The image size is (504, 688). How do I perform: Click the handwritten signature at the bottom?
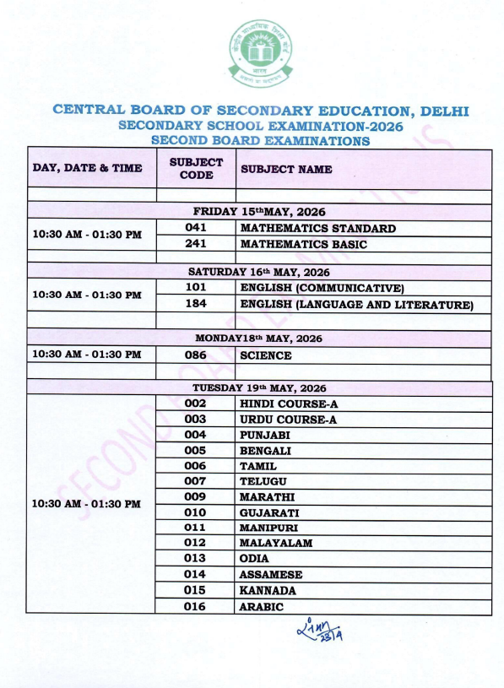pos(321,630)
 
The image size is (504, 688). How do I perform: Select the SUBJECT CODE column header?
pos(196,168)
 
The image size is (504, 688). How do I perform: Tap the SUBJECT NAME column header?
pos(286,169)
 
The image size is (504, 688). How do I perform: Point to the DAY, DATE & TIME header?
pos(87,168)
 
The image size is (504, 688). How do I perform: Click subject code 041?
pos(196,228)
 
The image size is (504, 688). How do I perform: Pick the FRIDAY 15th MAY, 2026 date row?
pos(259,211)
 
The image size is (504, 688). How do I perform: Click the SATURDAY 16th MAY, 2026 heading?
pos(259,272)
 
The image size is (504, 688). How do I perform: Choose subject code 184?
pos(196,304)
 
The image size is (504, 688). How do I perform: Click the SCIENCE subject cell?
pos(265,355)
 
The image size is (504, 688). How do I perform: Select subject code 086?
pos(196,355)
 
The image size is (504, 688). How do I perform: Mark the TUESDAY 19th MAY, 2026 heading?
pos(259,387)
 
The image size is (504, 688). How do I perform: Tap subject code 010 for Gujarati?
pos(196,512)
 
